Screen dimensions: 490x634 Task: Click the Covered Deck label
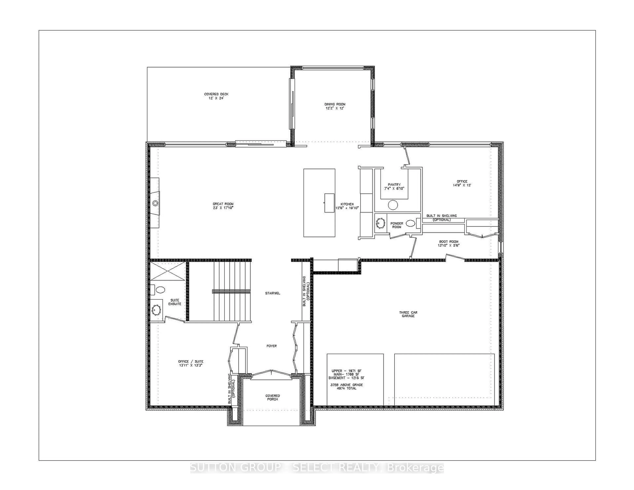pos(216,94)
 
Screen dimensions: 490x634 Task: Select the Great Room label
pos(223,204)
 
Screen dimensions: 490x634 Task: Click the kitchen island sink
pos(329,203)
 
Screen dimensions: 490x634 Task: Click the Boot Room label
pos(448,242)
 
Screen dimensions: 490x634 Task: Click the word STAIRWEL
pos(273,293)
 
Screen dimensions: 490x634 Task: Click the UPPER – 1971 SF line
pos(346,371)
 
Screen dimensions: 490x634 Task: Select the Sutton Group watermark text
pos(317,468)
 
